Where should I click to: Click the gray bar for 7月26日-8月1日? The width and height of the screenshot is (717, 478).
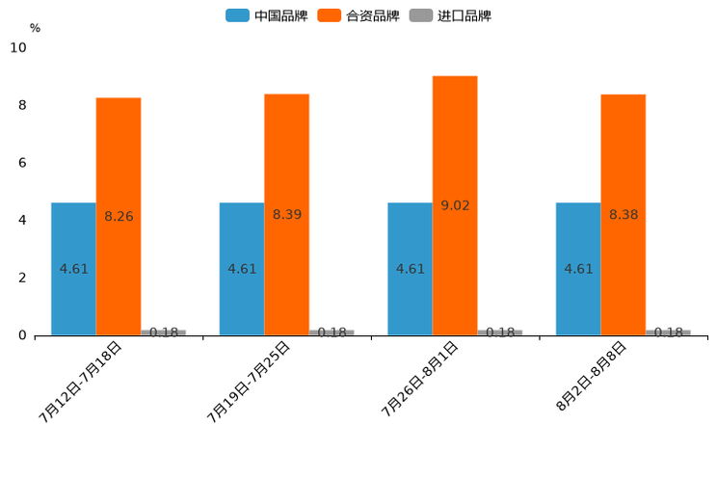500,332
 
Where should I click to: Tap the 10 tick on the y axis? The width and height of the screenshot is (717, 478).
18,48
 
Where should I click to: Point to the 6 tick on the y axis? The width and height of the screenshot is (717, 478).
23,163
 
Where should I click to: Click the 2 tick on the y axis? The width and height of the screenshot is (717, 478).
23,278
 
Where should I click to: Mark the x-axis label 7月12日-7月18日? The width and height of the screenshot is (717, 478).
82,382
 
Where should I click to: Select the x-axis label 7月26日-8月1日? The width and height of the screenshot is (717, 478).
419,382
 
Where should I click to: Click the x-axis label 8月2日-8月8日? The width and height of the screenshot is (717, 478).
592,377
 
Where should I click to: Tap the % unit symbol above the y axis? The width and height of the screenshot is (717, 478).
35,28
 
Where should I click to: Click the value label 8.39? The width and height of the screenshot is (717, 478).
287,215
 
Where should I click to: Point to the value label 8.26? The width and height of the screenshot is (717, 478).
119,217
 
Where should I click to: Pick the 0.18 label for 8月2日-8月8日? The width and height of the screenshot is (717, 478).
669,332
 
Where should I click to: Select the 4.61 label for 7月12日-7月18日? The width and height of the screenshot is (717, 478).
74,269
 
